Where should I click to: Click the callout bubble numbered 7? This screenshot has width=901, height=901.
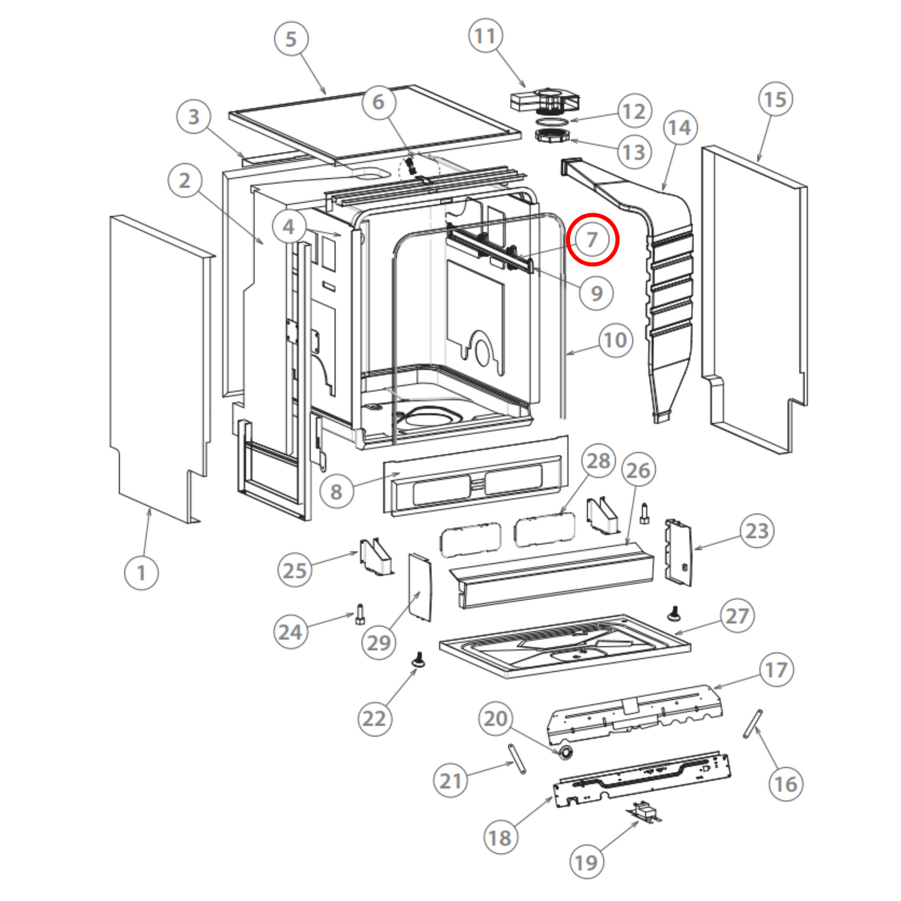coord(592,239)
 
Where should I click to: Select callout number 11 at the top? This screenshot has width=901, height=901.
coord(485,37)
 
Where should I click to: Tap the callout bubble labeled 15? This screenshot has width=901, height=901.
coord(775,100)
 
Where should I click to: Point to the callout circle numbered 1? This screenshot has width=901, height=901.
coord(141,572)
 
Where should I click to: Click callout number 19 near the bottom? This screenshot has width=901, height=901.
coord(586,862)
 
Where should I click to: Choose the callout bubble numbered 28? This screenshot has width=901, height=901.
coord(599,461)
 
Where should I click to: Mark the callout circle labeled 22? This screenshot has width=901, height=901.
coord(374,719)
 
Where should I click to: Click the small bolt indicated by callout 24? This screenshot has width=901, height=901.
coord(359,614)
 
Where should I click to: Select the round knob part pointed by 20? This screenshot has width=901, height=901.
coord(566,752)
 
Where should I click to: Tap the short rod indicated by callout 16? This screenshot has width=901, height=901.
coord(753,723)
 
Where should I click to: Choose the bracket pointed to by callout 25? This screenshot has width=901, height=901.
coord(377,556)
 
